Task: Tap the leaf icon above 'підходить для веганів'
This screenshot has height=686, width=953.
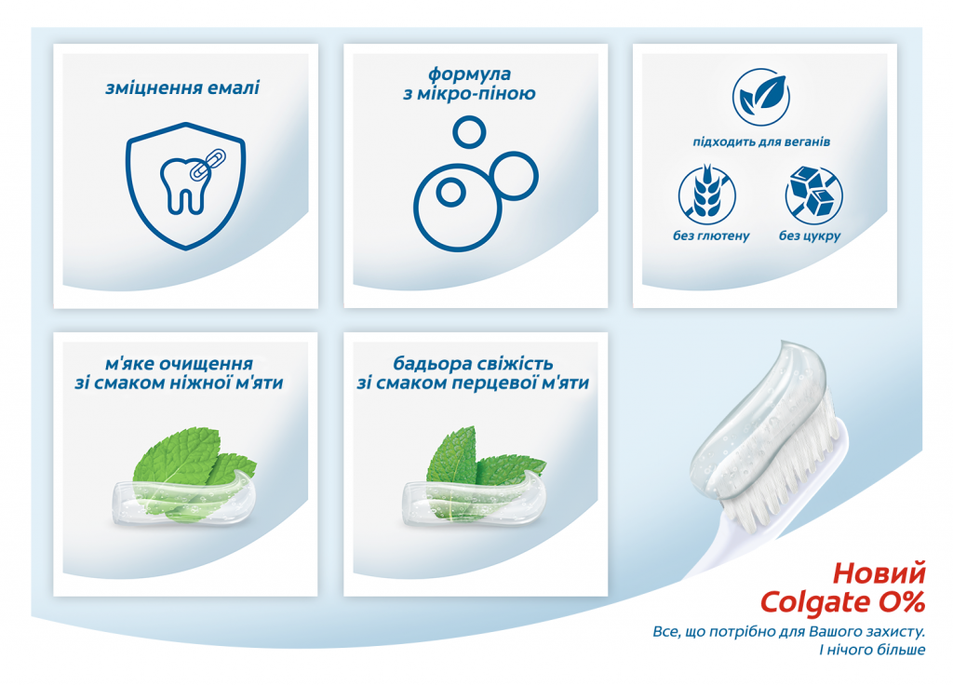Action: pos(761,97)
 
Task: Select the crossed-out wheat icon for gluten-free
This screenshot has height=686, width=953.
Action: pos(707,195)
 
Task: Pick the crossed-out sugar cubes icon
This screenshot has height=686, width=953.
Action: pos(813,195)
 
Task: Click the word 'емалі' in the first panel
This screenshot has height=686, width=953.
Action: pos(234,88)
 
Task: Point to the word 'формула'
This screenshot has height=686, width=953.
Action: pos(469,74)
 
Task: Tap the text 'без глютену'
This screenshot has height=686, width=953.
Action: pos(711,235)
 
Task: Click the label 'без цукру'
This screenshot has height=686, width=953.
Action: pos(810,235)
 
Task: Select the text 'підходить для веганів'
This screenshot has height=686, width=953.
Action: pos(761,142)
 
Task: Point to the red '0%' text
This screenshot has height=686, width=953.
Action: pos(901,601)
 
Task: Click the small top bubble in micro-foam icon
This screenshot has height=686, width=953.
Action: pos(469,132)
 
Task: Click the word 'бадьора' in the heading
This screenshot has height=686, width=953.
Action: pos(432,363)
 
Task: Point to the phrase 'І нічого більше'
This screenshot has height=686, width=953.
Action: pos(872,650)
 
